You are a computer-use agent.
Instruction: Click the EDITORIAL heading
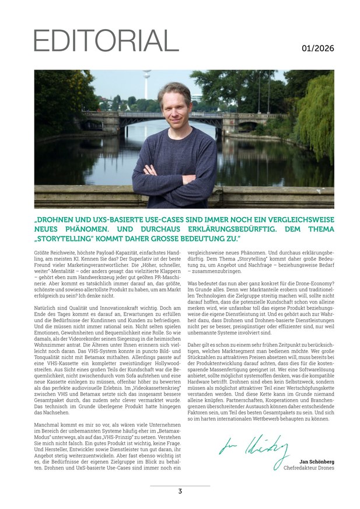pyautogui.click(x=106, y=40)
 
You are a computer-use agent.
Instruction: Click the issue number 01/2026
pyautogui.click(x=318, y=48)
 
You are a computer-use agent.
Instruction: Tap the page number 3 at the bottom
pyautogui.click(x=180, y=491)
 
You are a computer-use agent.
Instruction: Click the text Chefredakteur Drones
pyautogui.click(x=309, y=468)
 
